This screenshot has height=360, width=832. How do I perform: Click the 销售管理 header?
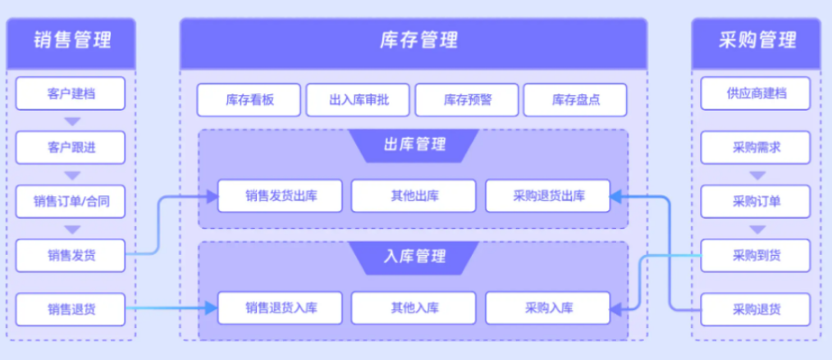pyautogui.click(x=71, y=39)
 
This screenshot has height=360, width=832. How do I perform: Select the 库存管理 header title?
pyautogui.click(x=414, y=39)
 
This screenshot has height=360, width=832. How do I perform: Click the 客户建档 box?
pyautogui.click(x=71, y=94)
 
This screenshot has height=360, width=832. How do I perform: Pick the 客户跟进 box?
pyautogui.click(x=71, y=148)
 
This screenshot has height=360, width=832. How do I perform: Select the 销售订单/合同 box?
pyautogui.click(x=71, y=202)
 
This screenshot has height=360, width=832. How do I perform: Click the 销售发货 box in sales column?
pyautogui.click(x=71, y=255)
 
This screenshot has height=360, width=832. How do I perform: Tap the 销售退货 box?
pyautogui.click(x=71, y=310)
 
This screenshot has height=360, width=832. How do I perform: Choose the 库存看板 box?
pyautogui.click(x=249, y=100)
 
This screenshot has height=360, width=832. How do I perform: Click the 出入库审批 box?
pyautogui.click(x=358, y=100)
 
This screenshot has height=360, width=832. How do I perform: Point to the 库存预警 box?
pyautogui.click(x=467, y=100)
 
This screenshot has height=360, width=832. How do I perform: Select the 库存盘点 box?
pyautogui.click(x=575, y=100)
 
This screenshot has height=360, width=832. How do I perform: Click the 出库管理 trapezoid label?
pyautogui.click(x=414, y=145)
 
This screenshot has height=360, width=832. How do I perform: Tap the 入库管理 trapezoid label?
pyautogui.click(x=414, y=256)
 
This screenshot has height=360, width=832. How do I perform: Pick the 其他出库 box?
pyautogui.click(x=414, y=196)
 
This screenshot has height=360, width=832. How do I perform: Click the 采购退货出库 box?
pyautogui.click(x=547, y=196)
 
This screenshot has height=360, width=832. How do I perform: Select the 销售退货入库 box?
pyautogui.click(x=280, y=308)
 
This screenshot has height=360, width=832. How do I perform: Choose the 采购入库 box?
pyautogui.click(x=547, y=308)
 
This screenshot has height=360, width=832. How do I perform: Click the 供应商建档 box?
pyautogui.click(x=756, y=94)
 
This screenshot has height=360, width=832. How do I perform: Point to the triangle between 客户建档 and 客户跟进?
pyautogui.click(x=72, y=121)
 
